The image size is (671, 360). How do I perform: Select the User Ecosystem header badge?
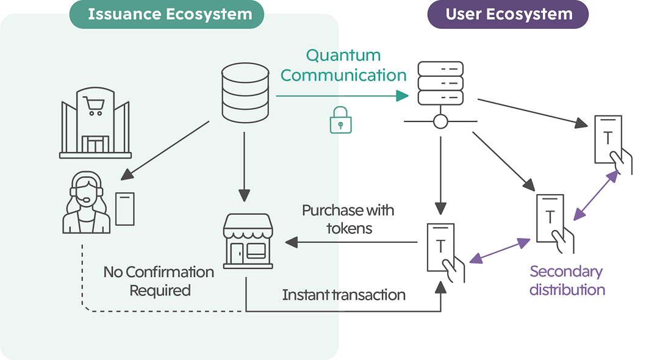coord(508,15)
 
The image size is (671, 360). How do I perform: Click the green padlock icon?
coord(340,120)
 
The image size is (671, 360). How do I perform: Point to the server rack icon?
coord(440,82)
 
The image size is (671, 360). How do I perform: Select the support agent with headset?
coord(86,202)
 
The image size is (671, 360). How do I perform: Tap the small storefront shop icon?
coord(248,240)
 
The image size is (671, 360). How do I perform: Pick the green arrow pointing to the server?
coord(342,96)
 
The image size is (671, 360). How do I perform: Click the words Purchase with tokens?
coord(348,219)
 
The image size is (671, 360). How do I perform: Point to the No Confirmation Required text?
coord(159,281)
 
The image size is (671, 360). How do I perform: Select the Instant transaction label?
coord(343,295)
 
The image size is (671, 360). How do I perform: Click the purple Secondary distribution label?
coord(567,280)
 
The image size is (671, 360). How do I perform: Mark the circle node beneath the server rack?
coord(440,121)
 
